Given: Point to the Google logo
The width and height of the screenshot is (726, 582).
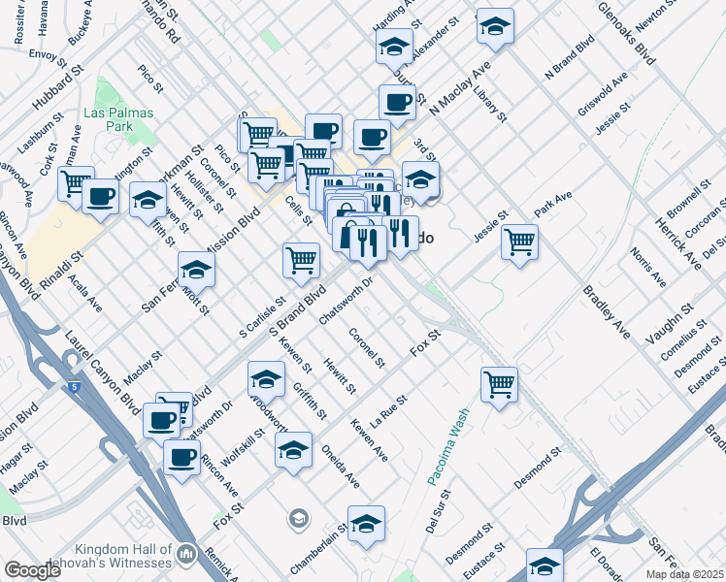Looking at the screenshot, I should (x=32, y=571).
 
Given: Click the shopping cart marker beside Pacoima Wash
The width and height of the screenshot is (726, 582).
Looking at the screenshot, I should (x=499, y=384).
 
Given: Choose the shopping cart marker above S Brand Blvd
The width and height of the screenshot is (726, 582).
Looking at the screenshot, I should (x=301, y=259).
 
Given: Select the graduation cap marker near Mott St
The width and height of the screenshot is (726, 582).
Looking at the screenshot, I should (x=195, y=270).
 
